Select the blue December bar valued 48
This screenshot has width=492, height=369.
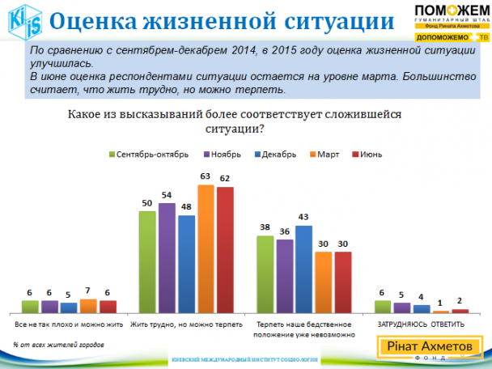click(186, 264)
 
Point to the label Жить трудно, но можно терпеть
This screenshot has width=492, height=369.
click(186, 324)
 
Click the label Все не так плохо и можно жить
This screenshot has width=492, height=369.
click(69, 324)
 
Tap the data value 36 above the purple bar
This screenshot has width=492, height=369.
click(285, 231)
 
